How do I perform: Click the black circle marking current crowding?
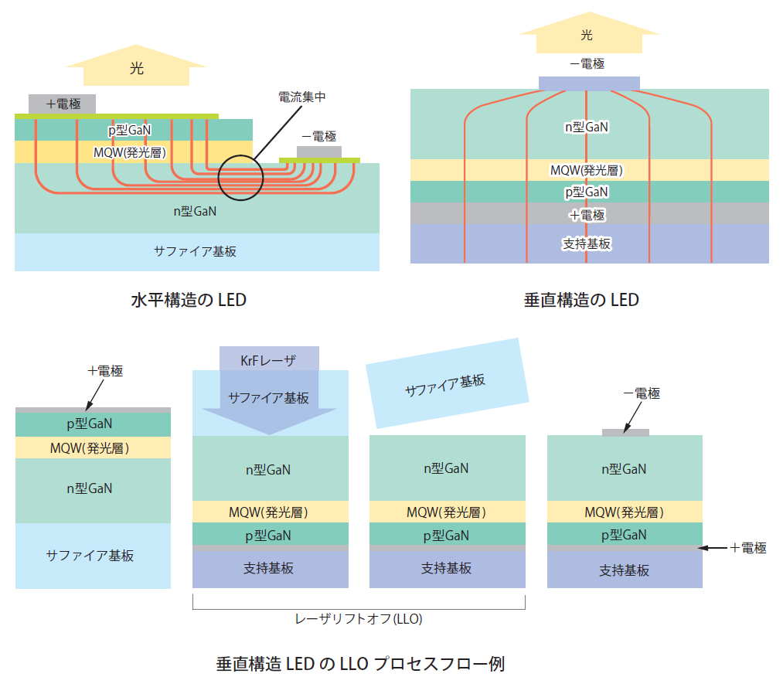[240, 177]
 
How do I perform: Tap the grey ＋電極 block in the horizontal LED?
[63, 104]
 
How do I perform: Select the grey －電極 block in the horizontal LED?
[318, 151]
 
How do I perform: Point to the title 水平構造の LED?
[189, 300]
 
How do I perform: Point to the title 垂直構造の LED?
[581, 300]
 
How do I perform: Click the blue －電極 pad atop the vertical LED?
[588, 83]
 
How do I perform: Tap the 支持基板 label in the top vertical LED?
[586, 243]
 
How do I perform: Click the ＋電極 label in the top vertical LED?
[587, 215]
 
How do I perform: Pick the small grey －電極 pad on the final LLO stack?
[625, 432]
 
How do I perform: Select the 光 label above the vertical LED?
[587, 35]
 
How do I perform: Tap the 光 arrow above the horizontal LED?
[136, 68]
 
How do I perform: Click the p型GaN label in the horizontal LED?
[129, 131]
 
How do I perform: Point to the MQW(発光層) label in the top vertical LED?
[586, 170]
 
